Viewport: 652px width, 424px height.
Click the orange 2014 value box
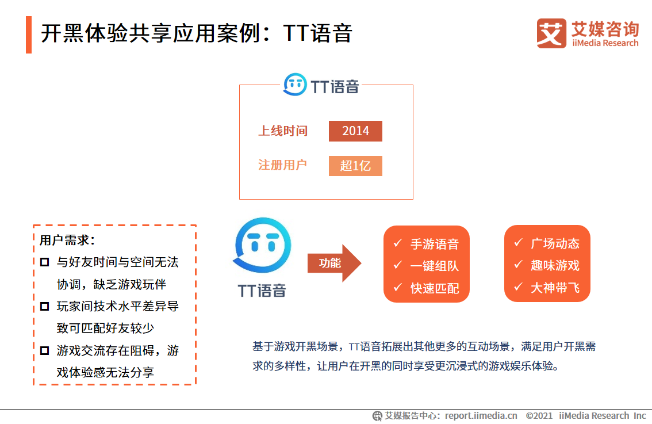click(x=355, y=131)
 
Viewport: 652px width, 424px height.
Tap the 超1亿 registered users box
click(x=355, y=166)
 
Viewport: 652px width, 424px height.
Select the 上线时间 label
click(x=282, y=131)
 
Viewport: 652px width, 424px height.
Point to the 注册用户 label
click(x=282, y=165)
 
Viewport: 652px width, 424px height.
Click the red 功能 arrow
click(x=334, y=263)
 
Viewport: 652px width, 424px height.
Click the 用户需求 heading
click(x=67, y=240)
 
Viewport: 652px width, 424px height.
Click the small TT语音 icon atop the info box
click(x=295, y=85)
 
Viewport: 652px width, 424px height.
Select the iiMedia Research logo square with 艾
click(x=551, y=33)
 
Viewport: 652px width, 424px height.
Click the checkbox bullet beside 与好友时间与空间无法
click(x=45, y=262)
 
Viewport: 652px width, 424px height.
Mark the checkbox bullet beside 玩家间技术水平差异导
click(x=45, y=307)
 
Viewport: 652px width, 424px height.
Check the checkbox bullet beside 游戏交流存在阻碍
click(x=45, y=350)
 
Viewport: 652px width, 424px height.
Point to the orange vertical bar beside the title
click(x=29, y=35)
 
